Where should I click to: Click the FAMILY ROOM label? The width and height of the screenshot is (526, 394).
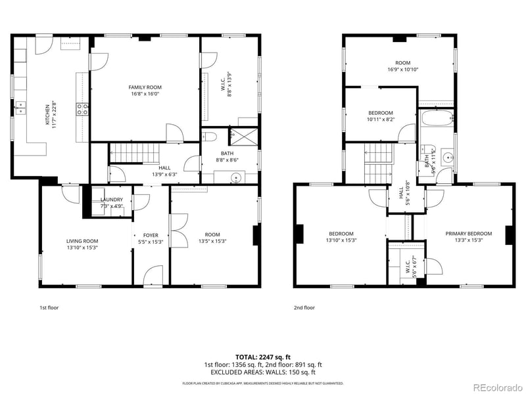click(x=145, y=87)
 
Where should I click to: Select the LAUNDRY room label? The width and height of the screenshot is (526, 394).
click(x=112, y=200)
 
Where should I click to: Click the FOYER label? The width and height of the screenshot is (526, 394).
click(x=151, y=234)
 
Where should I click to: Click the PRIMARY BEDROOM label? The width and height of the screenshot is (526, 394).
click(x=468, y=234)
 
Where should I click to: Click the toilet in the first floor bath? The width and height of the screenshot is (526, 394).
click(x=210, y=137)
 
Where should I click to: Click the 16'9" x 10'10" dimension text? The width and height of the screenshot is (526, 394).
click(x=403, y=70)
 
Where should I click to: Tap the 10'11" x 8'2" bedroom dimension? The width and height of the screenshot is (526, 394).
click(x=380, y=120)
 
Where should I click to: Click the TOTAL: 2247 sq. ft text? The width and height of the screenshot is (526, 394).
click(x=263, y=357)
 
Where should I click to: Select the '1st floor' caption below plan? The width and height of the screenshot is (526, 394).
click(x=49, y=307)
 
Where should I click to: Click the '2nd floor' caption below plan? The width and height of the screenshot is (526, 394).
click(x=304, y=307)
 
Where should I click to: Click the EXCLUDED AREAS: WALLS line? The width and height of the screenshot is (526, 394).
click(x=263, y=372)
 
